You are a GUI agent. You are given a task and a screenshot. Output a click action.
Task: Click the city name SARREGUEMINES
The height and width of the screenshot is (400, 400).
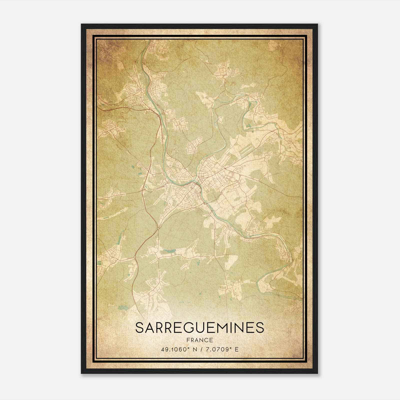199,327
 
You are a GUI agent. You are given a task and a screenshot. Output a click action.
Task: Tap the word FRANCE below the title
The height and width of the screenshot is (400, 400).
199,340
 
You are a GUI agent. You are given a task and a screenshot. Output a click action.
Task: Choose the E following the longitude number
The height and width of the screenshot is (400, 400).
237,349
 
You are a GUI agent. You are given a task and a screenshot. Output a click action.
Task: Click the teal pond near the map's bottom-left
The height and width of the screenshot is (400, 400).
122,307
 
